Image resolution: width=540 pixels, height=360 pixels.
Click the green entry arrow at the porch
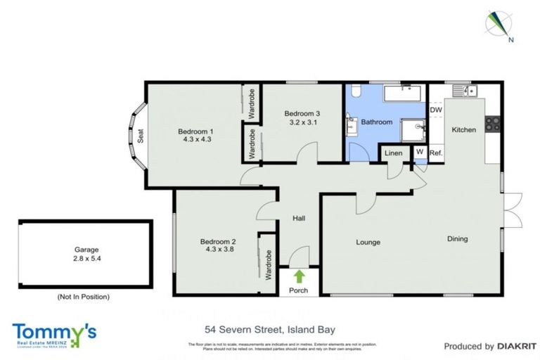(300, 276)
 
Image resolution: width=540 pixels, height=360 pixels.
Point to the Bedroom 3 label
(302, 113)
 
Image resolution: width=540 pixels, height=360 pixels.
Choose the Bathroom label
(376, 122)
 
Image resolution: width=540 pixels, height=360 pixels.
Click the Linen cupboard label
(394, 152)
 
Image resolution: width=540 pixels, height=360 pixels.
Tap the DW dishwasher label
(435, 110)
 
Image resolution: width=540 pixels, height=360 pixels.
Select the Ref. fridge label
(436, 152)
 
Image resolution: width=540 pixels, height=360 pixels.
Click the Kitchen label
(463, 129)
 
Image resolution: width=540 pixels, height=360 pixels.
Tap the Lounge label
(368, 242)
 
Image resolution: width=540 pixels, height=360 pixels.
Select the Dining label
(458, 239)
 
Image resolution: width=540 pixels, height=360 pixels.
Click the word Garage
(86, 250)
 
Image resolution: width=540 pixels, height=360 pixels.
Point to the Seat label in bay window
(141, 136)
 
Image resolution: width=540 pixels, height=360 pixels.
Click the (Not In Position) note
(84, 297)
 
